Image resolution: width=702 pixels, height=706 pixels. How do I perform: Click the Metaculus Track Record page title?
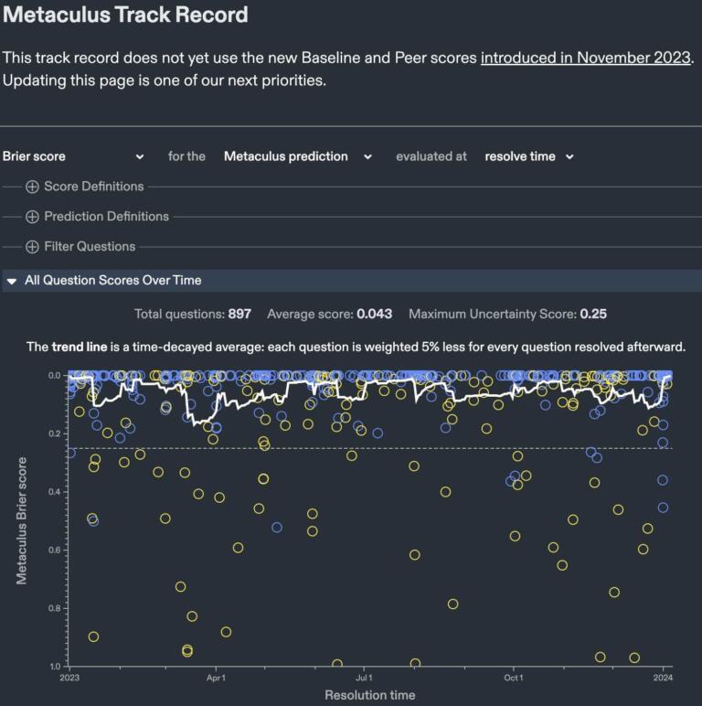pos(124,16)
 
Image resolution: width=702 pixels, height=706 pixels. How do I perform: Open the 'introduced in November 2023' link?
pos(585,58)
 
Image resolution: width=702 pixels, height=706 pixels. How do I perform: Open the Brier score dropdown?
pos(73,156)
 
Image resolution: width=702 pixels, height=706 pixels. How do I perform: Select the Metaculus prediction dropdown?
pos(297,156)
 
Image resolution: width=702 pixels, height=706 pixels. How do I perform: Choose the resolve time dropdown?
pos(529,156)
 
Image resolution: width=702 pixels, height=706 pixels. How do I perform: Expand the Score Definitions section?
pos(85,187)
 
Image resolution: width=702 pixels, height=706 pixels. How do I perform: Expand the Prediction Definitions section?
pos(97,217)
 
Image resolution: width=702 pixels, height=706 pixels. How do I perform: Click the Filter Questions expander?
pos(80,247)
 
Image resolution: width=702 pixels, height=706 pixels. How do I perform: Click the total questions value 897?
pos(239,315)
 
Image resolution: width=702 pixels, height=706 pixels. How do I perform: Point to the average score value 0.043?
pos(374,315)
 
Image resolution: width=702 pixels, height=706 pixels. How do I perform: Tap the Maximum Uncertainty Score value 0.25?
pos(592,315)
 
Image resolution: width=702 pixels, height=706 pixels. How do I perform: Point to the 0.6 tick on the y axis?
pos(54,551)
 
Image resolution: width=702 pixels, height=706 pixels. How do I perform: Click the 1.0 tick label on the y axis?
pos(54,667)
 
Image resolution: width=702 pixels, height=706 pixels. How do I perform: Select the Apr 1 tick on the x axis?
pos(216,679)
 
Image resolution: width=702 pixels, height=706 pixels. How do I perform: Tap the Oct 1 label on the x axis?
pos(513,679)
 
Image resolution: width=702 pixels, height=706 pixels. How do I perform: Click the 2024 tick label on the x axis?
pos(663,679)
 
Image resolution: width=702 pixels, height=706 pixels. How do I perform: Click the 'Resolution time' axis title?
pos(369,695)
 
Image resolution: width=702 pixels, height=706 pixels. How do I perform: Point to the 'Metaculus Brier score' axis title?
pos(21,519)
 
